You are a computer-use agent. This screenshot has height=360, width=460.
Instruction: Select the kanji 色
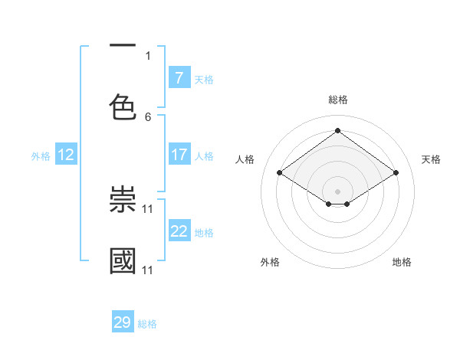pos(123,106)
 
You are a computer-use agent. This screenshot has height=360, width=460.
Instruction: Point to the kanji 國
pos(123,260)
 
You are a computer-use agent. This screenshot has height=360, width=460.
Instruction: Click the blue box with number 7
pos(179,77)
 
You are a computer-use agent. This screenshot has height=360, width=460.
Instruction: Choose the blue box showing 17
pos(179,155)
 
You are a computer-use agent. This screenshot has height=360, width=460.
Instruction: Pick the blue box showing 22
pos(179,231)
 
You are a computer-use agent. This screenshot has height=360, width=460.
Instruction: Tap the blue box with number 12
pos(65,155)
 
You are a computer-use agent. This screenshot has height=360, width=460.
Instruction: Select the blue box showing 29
pos(123,322)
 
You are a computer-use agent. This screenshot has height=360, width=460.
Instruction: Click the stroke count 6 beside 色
pos(148,116)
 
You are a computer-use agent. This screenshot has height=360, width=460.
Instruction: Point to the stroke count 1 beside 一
pos(148,55)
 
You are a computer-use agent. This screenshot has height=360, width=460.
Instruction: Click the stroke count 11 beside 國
pos(148,270)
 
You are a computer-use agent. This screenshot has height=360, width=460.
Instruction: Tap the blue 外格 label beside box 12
pos(41,155)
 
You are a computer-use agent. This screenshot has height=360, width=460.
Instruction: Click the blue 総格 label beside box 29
pos(147,324)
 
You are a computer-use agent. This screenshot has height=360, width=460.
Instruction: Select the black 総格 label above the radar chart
pos(337,100)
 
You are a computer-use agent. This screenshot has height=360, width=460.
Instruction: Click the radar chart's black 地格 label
pos(402,262)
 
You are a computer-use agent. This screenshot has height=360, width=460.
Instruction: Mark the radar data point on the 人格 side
pos(280,173)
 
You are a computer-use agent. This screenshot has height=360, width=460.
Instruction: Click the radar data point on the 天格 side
pos(396,173)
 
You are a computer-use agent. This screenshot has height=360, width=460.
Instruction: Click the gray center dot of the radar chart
pos(337,190)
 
